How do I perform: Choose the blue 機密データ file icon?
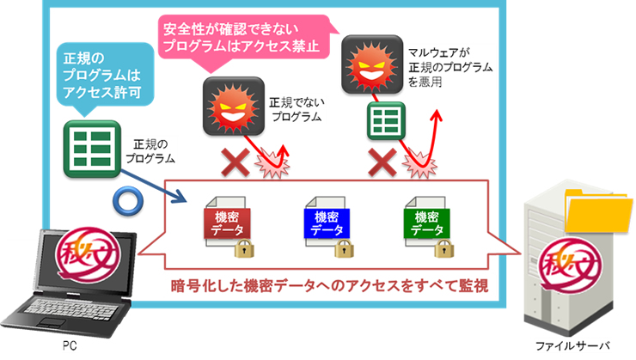pyautogui.click(x=327, y=223)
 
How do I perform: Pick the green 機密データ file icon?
pyautogui.click(x=427, y=223)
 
